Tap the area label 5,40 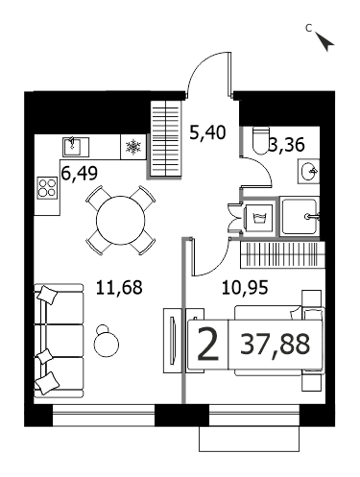tap(207, 132)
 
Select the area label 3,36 tap(286, 145)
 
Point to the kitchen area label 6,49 tap(79, 174)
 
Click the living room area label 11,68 tap(119, 287)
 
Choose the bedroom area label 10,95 tap(245, 287)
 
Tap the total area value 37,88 tap(276, 344)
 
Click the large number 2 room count tap(208, 345)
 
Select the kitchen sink tap(76, 147)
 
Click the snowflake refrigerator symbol tap(133, 147)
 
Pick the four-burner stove tap(47, 188)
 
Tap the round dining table tap(121, 220)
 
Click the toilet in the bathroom tap(261, 141)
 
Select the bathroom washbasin tap(309, 172)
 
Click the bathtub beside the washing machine tap(300, 217)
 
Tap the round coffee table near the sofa tap(106, 342)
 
